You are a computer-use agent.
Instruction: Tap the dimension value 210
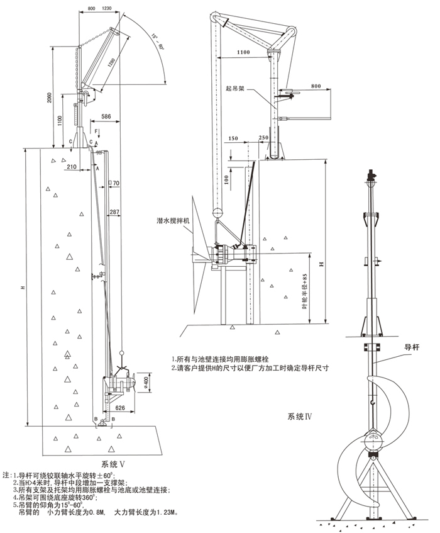point(71,166)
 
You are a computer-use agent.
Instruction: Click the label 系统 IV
point(299,416)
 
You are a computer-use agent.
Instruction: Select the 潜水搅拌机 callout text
point(173,221)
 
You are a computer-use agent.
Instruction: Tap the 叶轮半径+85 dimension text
point(304,289)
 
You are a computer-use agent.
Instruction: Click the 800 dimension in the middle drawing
point(316,85)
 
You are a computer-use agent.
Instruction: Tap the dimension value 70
point(116,183)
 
